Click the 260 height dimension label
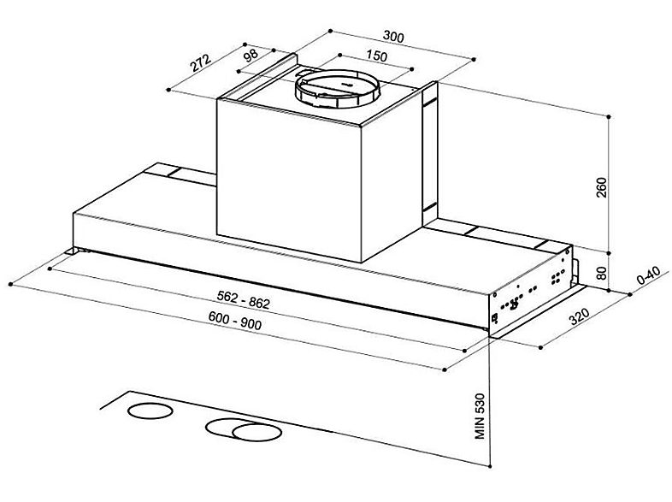tap(600, 186)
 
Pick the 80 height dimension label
tap(600, 274)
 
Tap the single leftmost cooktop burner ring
tap(144, 410)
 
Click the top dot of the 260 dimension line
tap(609, 115)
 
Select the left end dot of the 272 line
tap(169, 89)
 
